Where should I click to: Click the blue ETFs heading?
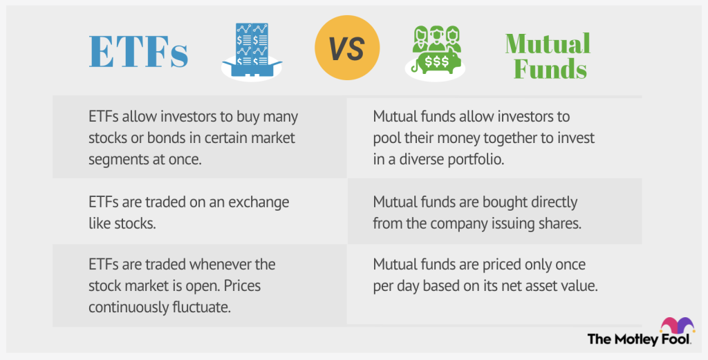point(138,51)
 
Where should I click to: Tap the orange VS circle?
point(347,48)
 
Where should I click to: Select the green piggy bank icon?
point(435,53)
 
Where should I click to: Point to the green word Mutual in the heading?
point(548,44)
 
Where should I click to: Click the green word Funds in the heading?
point(550,69)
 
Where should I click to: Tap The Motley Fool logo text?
point(639,339)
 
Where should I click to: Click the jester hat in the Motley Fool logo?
point(677,325)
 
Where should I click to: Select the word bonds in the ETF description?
point(153,138)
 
